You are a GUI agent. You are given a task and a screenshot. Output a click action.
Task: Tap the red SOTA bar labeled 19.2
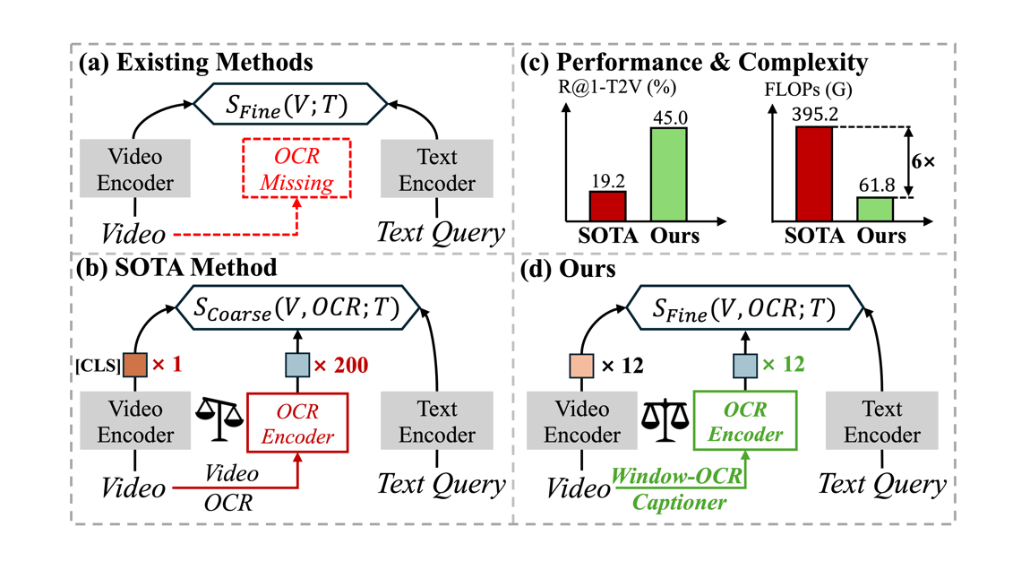pos(607,206)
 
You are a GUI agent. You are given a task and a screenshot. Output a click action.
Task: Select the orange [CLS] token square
pos(135,366)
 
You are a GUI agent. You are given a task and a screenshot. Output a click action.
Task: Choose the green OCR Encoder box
pos(745,421)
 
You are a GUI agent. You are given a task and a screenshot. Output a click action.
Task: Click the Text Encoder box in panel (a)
pos(437,170)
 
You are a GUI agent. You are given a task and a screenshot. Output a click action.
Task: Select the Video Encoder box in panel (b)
pos(135,422)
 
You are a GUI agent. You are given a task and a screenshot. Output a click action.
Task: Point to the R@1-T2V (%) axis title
pos(616,88)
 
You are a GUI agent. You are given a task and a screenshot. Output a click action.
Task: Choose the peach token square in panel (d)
pos(581,366)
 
